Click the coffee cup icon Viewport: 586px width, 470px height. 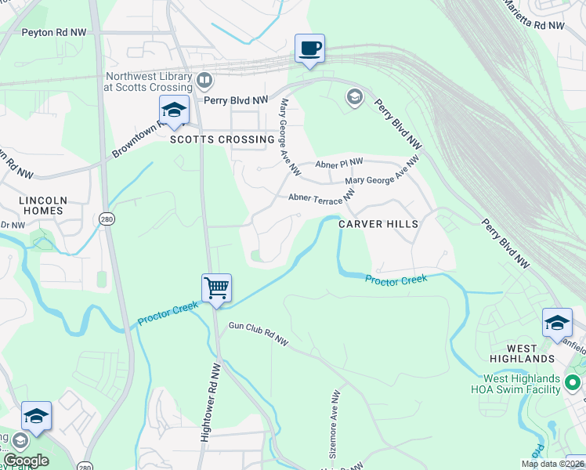[x=309, y=49]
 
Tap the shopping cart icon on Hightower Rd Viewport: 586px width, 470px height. [x=216, y=287]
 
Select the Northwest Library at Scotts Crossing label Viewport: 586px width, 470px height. [x=149, y=82]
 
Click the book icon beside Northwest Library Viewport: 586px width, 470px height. [x=204, y=79]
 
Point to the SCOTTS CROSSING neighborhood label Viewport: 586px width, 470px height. [x=222, y=139]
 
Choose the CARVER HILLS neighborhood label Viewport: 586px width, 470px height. [x=378, y=224]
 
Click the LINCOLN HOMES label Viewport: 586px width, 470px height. [x=42, y=206]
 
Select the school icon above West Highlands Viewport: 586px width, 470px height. [x=557, y=322]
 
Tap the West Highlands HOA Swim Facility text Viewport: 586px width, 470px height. [x=515, y=383]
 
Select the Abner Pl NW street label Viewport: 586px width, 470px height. [x=339, y=164]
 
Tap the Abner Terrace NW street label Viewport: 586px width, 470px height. [x=321, y=198]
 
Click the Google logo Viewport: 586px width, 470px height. [x=26, y=461]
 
